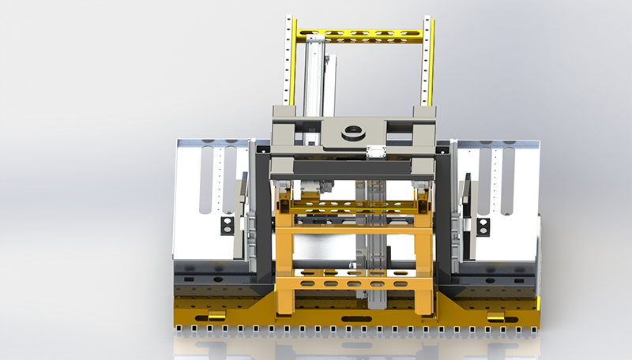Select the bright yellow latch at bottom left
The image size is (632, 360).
coord(212,318)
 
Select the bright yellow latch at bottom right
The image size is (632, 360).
coord(496,318)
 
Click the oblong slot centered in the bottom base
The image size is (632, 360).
coord(353,319)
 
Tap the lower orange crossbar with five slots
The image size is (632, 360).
coord(354,283)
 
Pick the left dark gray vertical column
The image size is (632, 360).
coord(262,213)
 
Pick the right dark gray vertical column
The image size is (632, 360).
coord(444,213)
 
